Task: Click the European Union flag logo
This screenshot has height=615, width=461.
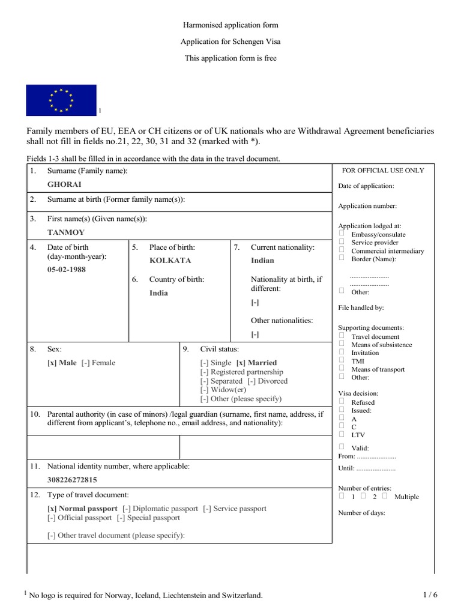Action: click(x=61, y=100)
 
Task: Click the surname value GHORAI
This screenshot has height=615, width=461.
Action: click(x=64, y=184)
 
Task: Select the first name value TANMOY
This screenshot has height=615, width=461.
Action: click(x=66, y=232)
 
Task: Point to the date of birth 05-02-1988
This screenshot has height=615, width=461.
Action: click(x=67, y=270)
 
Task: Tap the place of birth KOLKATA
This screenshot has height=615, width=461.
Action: click(x=170, y=261)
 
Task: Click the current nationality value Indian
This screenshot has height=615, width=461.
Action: click(x=262, y=261)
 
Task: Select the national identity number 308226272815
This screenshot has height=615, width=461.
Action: click(x=72, y=480)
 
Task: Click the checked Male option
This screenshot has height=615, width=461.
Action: click(x=62, y=363)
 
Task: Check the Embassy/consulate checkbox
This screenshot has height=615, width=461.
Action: click(x=342, y=234)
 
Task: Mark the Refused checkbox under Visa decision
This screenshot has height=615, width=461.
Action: click(x=342, y=401)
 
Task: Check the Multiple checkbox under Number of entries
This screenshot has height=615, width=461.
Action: click(x=385, y=496)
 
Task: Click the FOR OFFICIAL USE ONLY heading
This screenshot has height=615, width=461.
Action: click(x=382, y=171)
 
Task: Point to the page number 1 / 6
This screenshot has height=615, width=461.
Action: click(x=430, y=595)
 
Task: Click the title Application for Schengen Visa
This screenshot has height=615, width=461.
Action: click(x=230, y=42)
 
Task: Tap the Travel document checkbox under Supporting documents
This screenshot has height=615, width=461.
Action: click(x=342, y=336)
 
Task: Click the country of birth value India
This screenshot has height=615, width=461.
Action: click(x=158, y=293)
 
